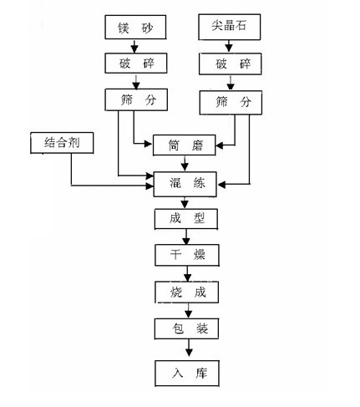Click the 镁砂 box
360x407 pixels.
[x=135, y=28]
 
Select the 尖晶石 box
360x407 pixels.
[x=230, y=27]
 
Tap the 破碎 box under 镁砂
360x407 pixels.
[x=136, y=64]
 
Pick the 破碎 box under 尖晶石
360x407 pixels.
[x=231, y=64]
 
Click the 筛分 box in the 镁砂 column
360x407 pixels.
[x=136, y=99]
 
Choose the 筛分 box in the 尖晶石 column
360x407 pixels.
[x=231, y=103]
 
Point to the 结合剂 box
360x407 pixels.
[x=62, y=143]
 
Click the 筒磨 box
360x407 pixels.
[x=185, y=145]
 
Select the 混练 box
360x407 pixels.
[x=185, y=185]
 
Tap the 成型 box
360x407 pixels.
[x=186, y=219]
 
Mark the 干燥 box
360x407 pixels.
[x=187, y=255]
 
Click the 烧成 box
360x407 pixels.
[x=187, y=293]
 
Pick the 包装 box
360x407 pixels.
[x=187, y=328]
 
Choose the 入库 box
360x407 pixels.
[x=187, y=374]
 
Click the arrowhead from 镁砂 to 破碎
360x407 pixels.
[x=134, y=49]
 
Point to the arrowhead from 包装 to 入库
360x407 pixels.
[x=189, y=353]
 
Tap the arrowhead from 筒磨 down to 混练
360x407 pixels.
[x=185, y=167]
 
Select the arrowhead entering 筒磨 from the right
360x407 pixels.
[x=220, y=145]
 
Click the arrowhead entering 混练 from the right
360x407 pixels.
[x=221, y=184]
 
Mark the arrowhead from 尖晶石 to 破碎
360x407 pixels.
[x=229, y=48]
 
